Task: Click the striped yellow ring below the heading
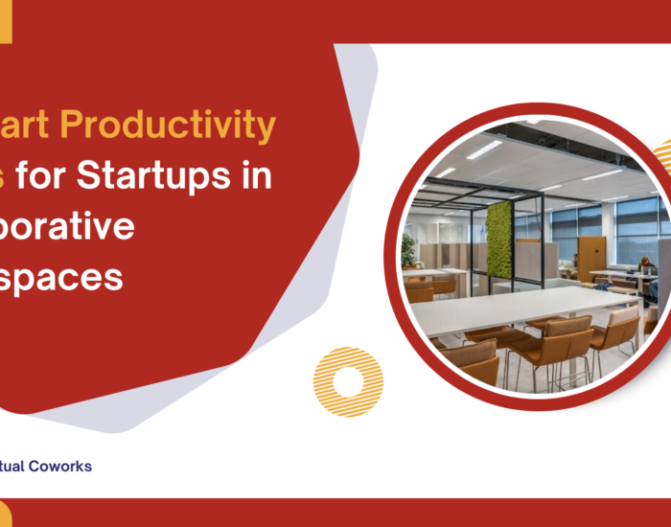click(348, 381)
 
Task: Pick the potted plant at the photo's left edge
click(409, 251)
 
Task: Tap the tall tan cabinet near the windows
click(591, 257)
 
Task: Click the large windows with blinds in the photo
click(628, 225)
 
